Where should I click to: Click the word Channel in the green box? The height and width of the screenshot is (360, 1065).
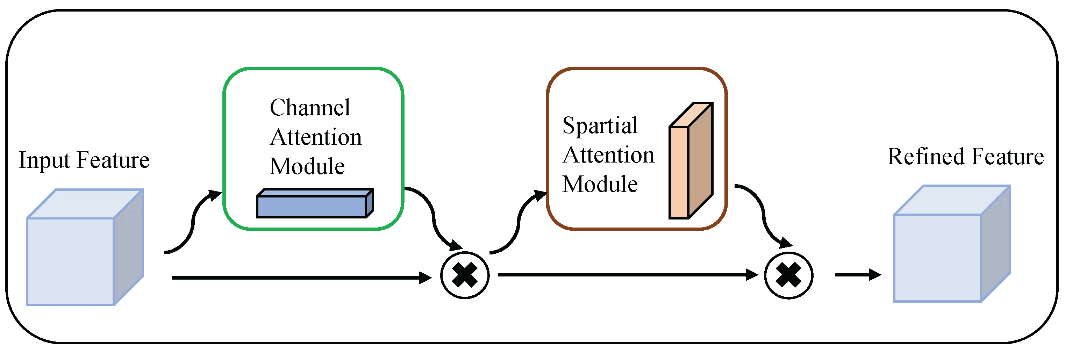(x=310, y=108)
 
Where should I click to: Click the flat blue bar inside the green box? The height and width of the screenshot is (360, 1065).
(x=315, y=204)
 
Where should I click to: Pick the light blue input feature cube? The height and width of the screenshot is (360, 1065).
(x=79, y=252)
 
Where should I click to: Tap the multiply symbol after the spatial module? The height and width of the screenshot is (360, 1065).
(x=788, y=275)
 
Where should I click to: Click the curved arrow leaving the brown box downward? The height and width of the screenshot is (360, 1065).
(x=763, y=215)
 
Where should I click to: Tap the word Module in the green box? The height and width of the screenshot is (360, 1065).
(x=307, y=167)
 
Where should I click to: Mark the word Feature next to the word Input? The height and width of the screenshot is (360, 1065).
(x=113, y=160)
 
